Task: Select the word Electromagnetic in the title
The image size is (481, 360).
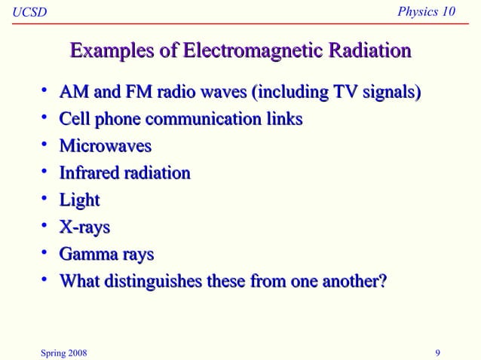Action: (254, 51)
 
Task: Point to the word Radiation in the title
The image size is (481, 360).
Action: (369, 51)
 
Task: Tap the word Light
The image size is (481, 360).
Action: (79, 200)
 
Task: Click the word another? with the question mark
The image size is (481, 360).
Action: (354, 282)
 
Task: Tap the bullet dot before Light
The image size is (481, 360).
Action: (45, 198)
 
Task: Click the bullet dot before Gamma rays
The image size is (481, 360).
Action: (45, 252)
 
